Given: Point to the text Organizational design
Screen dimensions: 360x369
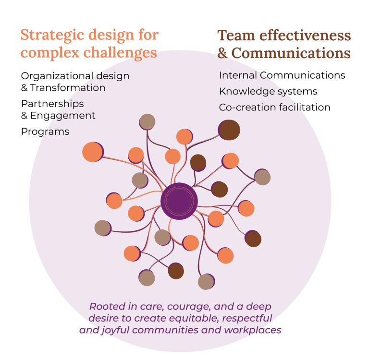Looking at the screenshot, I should (x=75, y=76).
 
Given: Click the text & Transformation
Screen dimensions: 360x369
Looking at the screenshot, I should (x=63, y=88).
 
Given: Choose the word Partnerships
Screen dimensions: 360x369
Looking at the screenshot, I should (x=52, y=104).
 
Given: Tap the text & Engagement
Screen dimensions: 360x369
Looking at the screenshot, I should (x=58, y=116).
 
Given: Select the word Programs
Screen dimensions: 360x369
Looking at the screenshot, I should (x=45, y=132).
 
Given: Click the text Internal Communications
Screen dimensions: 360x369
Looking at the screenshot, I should (x=282, y=75).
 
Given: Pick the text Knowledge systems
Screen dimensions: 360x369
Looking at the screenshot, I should (x=268, y=91).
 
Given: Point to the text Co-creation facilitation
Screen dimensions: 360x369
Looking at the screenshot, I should (x=274, y=107).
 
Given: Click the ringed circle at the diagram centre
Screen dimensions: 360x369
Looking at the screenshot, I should (x=179, y=201).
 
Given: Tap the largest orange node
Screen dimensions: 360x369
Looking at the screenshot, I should (x=92, y=152).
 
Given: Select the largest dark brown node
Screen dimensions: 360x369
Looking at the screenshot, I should (x=230, y=130).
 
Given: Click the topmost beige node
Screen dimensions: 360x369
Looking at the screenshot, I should (x=148, y=121).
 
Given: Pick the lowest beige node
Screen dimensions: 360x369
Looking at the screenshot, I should (x=206, y=282).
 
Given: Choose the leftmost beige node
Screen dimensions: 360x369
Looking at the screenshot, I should (x=102, y=228).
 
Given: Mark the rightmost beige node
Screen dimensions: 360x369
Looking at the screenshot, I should (x=262, y=178).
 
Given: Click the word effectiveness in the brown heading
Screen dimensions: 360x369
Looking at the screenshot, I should (x=306, y=36).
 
